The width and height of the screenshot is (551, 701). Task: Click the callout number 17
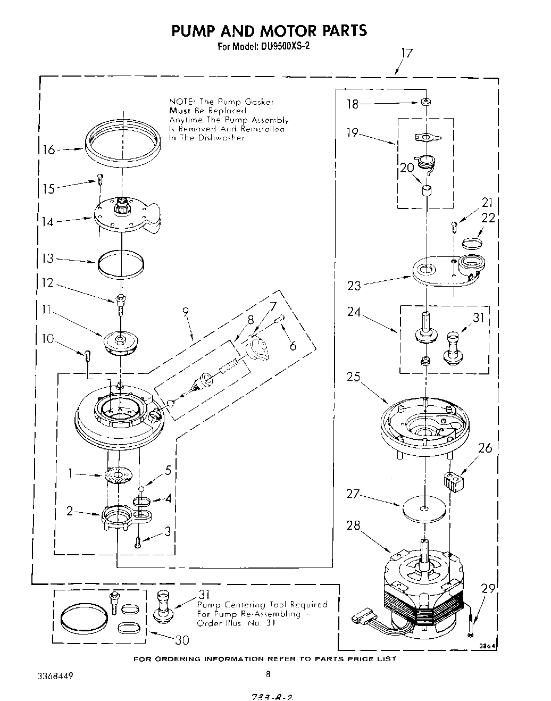406,53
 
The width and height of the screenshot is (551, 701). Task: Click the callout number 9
186,313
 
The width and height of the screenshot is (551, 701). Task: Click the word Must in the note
180,111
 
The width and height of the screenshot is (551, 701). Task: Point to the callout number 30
182,639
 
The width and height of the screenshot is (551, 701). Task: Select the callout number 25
353,377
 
